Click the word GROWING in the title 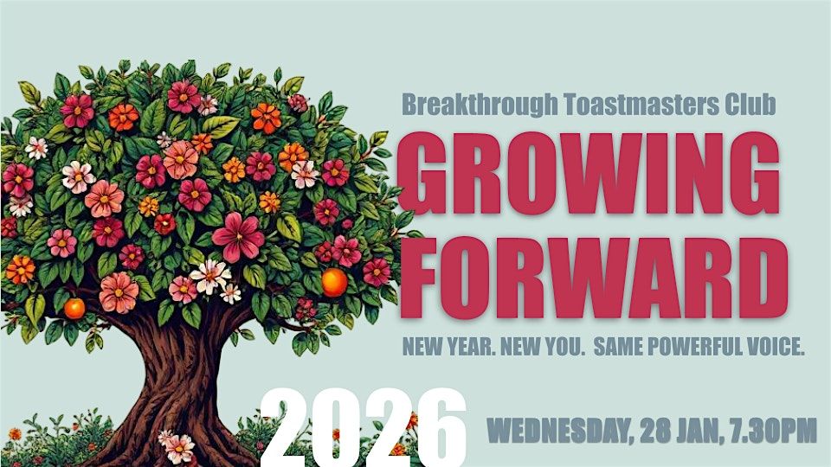589,173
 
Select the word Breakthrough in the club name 480,106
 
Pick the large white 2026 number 364,428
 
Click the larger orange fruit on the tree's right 334,282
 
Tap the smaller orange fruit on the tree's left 74,308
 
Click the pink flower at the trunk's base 177,446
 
